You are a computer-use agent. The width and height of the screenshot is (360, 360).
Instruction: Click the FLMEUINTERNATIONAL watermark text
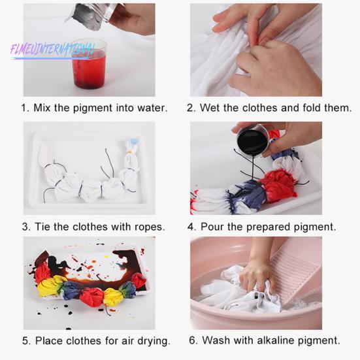(x=52, y=51)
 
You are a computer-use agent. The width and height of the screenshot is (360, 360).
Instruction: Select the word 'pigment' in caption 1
(x=93, y=108)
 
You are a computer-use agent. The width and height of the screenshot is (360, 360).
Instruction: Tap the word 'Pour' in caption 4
(x=212, y=227)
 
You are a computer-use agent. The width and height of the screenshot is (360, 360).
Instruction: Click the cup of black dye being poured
(x=252, y=140)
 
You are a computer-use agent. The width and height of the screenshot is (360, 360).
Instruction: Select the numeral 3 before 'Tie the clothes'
(x=25, y=227)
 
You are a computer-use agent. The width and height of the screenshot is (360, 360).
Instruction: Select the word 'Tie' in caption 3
(x=42, y=227)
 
